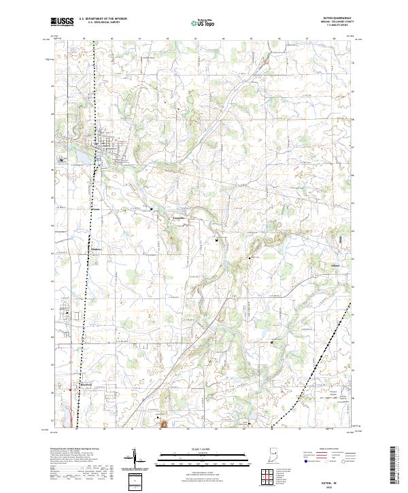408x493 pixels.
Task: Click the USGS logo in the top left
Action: point(62,22)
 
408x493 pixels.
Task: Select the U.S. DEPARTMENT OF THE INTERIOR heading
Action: point(103,19)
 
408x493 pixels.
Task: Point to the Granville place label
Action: point(179,218)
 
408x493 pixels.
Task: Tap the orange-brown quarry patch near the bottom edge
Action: point(163,424)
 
